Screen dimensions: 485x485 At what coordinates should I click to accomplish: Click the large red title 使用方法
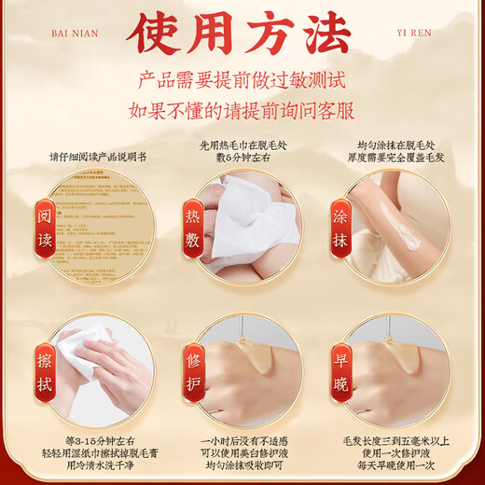[x=242, y=35]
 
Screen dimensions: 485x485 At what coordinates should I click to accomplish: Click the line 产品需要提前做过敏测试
[x=242, y=81]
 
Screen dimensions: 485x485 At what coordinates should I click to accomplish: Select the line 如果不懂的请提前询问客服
[x=242, y=109]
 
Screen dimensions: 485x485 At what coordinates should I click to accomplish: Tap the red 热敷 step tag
[x=193, y=227]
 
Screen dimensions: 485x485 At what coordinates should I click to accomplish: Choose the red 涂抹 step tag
[x=341, y=227]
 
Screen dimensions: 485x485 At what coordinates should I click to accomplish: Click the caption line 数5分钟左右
[x=242, y=159]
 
